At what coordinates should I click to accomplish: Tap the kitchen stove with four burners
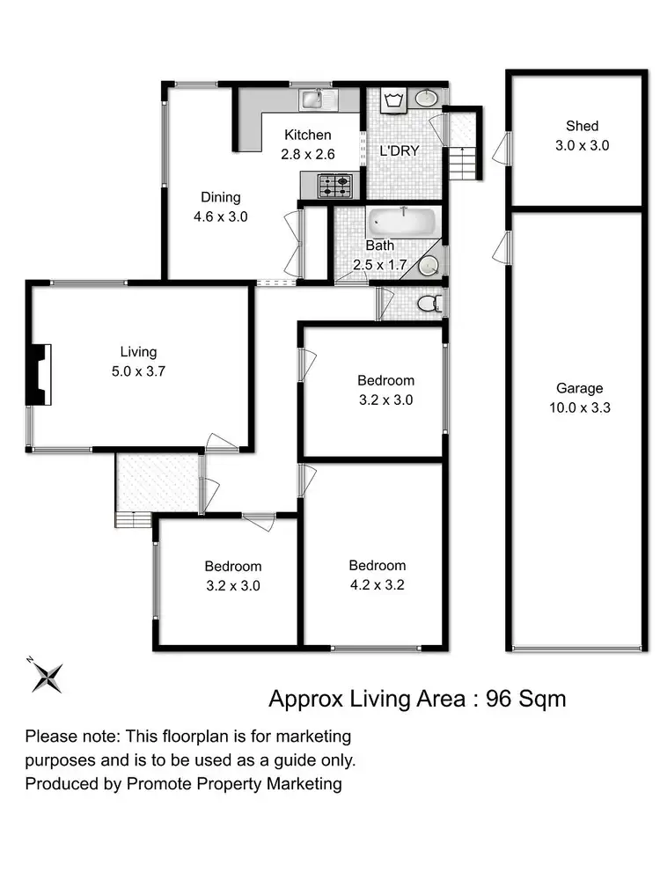335,186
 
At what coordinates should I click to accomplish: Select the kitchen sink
312,100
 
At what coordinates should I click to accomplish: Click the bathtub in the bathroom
401,221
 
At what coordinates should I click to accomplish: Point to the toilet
429,304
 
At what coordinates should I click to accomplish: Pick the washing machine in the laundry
392,100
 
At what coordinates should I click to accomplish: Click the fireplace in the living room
40,374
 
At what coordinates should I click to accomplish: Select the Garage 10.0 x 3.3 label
579,398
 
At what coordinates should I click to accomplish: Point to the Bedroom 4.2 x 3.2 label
377,575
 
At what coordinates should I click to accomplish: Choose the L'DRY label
399,150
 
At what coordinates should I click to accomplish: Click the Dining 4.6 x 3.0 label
220,207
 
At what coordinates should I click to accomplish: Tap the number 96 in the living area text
499,700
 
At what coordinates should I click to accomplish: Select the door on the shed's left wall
501,147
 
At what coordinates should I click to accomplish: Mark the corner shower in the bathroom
430,262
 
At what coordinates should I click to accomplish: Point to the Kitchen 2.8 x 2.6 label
307,144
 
